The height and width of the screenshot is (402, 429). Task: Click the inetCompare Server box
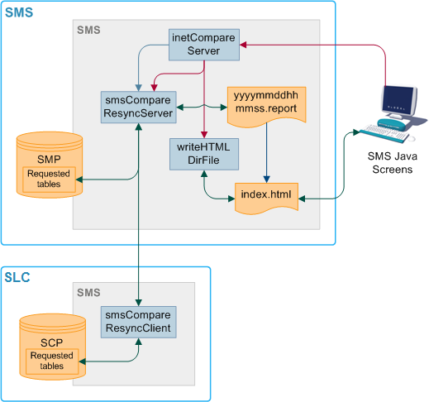203,45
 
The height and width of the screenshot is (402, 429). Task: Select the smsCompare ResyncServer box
136,107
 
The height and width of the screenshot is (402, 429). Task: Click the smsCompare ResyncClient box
138,322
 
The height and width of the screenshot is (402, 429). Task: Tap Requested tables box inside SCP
52,361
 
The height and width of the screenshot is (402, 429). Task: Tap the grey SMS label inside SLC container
88,294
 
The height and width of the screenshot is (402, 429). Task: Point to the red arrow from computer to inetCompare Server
331,45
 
